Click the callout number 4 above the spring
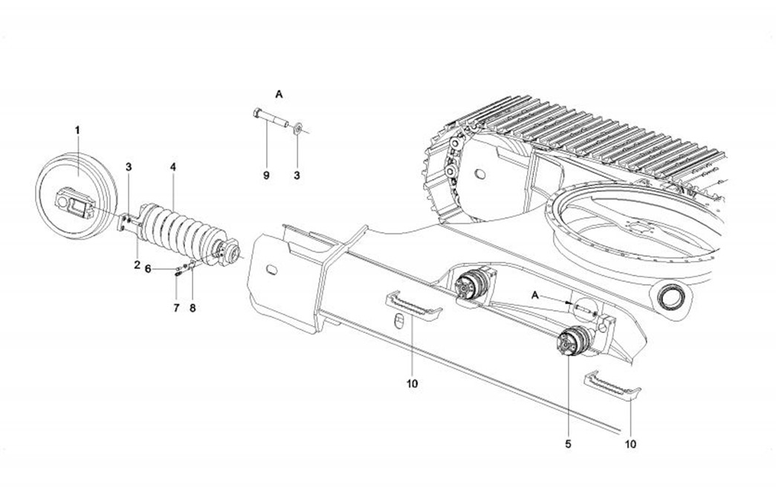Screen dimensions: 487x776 172,168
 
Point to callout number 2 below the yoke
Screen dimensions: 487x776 137,264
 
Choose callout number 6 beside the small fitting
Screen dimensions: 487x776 148,269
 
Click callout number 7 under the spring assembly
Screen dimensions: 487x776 176,306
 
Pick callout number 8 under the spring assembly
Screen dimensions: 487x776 193,306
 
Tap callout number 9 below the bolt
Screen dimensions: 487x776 266,175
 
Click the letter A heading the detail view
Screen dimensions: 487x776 279,94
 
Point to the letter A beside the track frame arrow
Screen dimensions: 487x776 534,294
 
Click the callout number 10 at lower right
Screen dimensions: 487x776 631,444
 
